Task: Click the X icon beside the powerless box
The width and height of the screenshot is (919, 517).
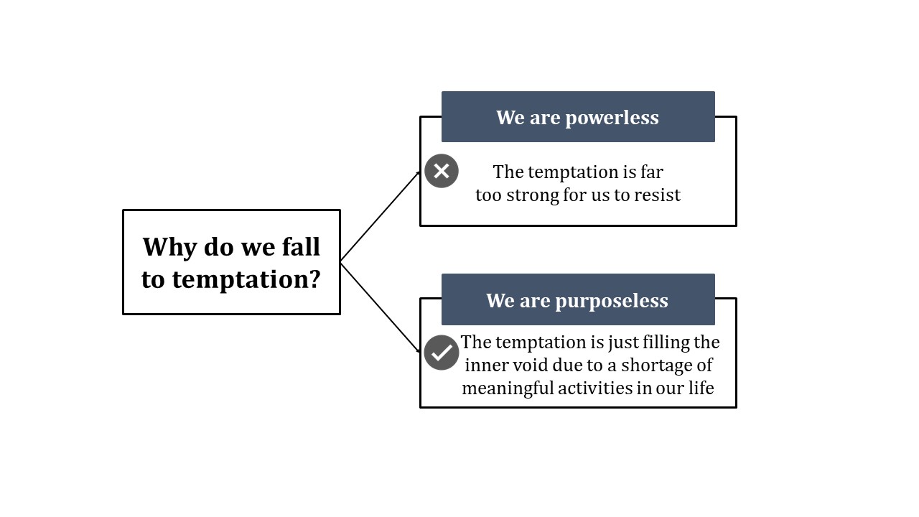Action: pyautogui.click(x=442, y=171)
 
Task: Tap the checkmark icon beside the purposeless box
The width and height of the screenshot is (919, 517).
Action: pyautogui.click(x=442, y=353)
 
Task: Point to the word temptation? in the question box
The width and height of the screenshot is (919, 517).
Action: pyautogui.click(x=246, y=279)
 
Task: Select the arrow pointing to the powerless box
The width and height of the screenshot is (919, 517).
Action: pyautogui.click(x=381, y=215)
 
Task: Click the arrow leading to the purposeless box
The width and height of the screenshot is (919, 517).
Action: pyautogui.click(x=381, y=307)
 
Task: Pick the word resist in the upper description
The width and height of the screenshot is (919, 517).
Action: pyautogui.click(x=658, y=195)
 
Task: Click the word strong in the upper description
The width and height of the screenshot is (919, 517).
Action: pyautogui.click(x=533, y=195)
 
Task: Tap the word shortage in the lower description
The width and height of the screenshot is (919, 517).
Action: pyautogui.click(x=649, y=365)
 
